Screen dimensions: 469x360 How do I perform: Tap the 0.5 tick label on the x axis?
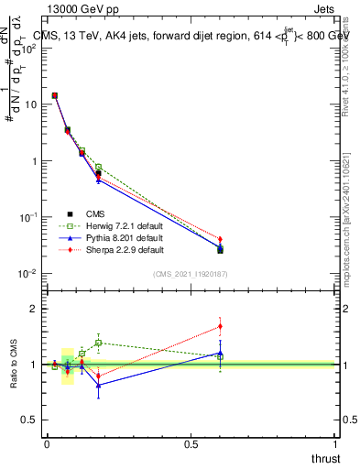coord(191,444)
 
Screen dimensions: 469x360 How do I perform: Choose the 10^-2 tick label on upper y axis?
coord(26,274)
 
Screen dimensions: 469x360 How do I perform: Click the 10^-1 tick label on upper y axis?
coord(26,217)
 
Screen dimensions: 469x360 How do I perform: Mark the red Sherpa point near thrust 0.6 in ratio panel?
coord(220,326)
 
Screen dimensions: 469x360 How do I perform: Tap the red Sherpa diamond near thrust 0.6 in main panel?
coord(220,240)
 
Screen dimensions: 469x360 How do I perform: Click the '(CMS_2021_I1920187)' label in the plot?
coord(190,275)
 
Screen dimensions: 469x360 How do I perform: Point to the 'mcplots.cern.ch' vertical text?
coord(348,220)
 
